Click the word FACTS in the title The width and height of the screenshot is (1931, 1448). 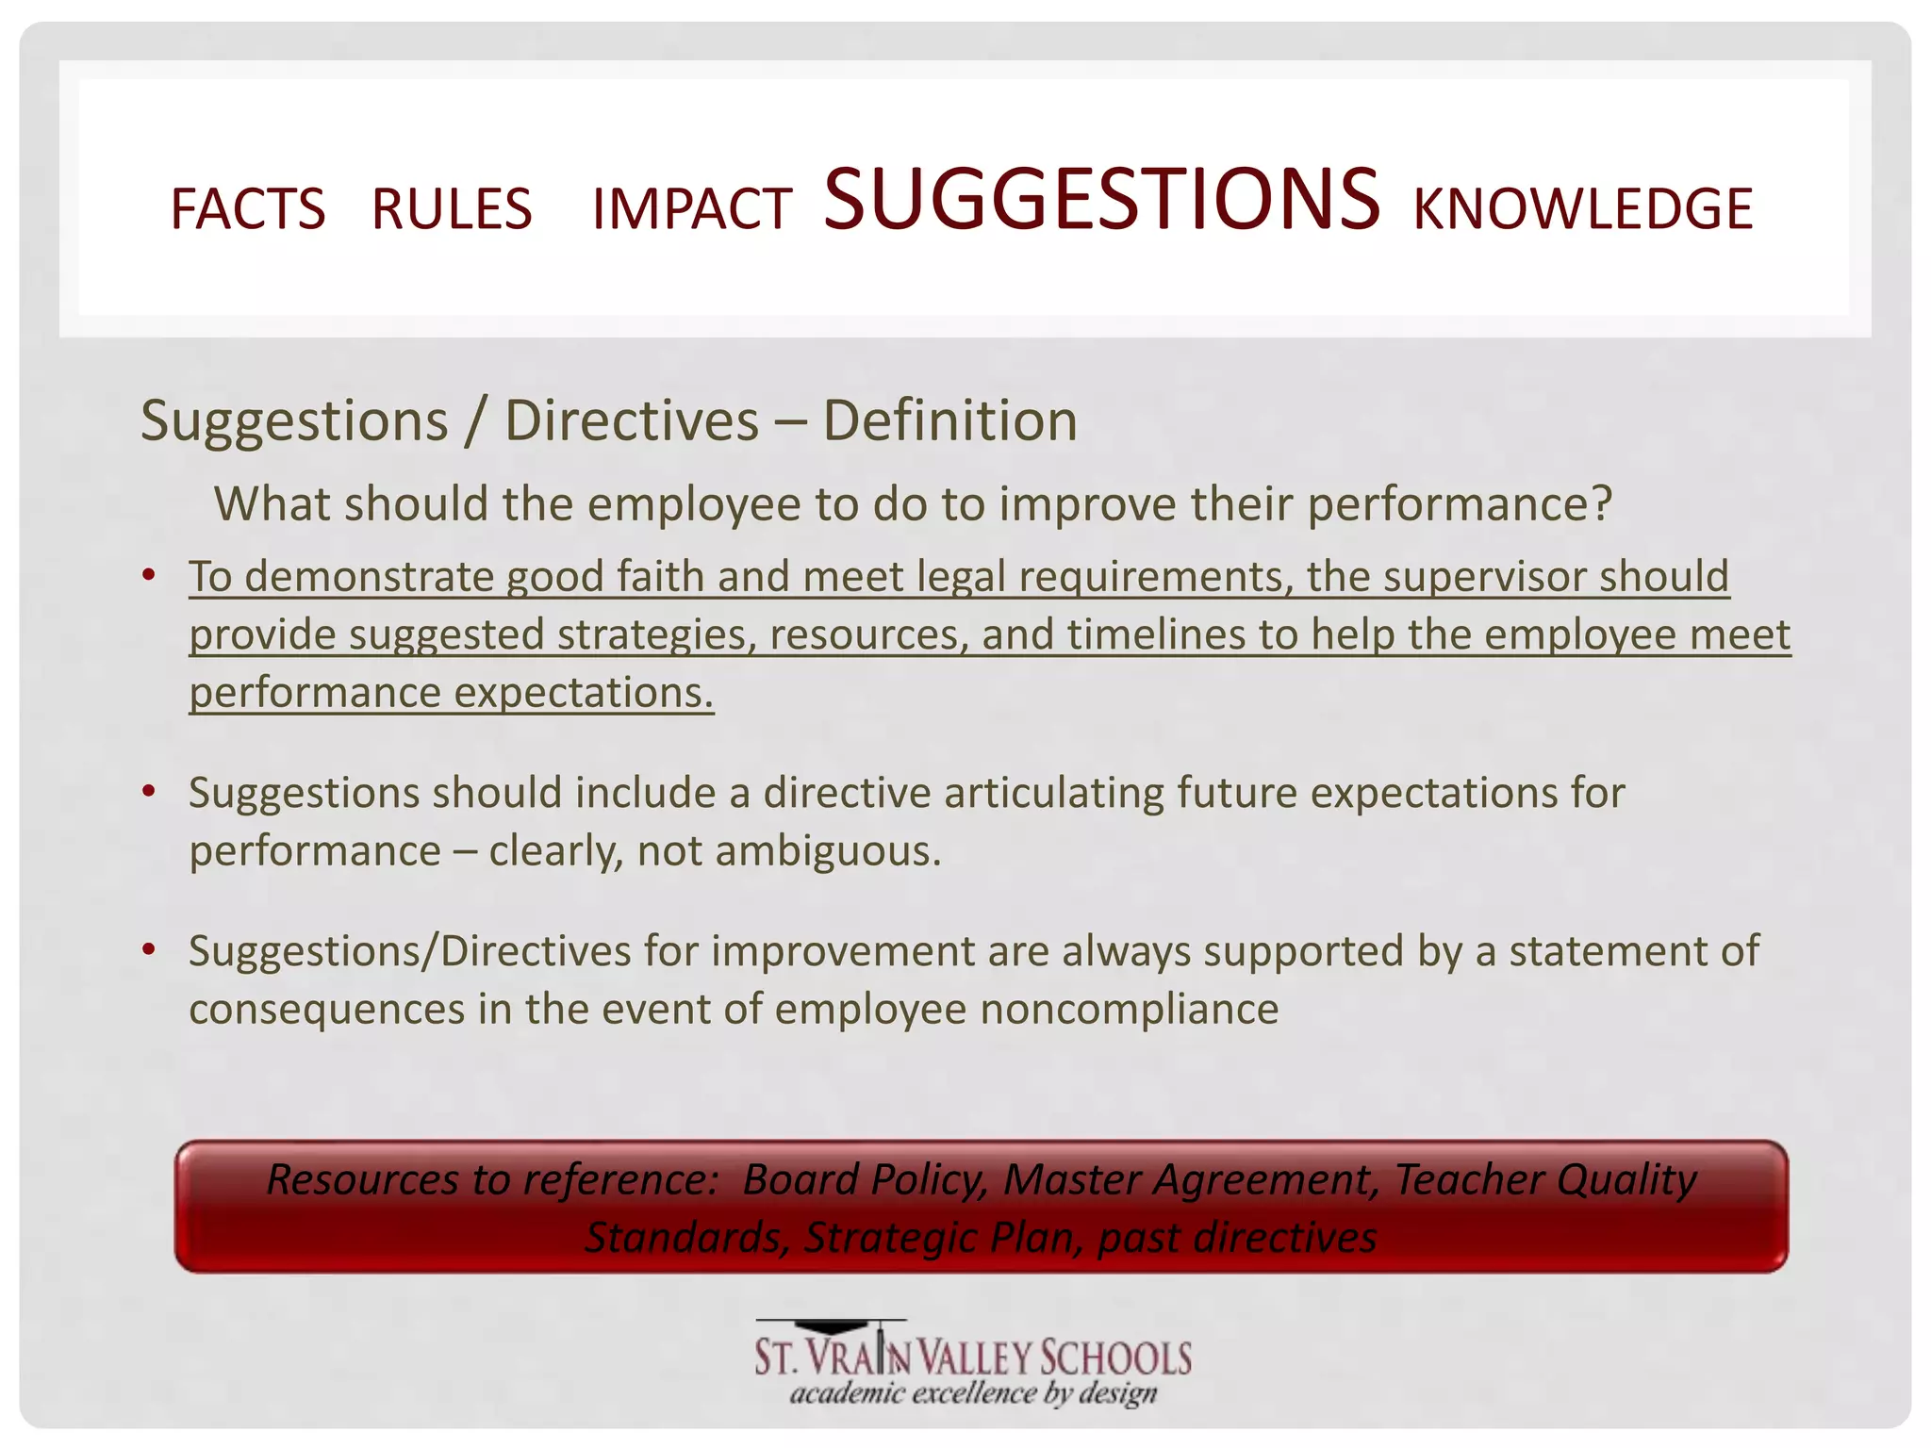point(247,209)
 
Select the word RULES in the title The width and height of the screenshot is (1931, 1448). point(452,209)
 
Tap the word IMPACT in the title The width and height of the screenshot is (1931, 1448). point(691,209)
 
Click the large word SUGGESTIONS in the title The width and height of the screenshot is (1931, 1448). point(1101,199)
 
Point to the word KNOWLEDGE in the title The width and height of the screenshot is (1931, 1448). point(1582,209)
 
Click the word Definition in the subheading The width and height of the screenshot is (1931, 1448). point(949,420)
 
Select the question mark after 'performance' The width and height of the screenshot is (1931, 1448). point(1601,503)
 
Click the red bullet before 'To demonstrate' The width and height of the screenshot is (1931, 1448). point(148,575)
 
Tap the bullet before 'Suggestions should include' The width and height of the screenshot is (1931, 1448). point(148,791)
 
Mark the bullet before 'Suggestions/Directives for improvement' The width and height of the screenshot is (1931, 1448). point(148,949)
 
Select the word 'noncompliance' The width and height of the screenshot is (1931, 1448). point(1129,1009)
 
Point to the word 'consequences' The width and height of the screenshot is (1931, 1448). point(326,1009)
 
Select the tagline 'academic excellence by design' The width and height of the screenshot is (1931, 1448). point(973,1393)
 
